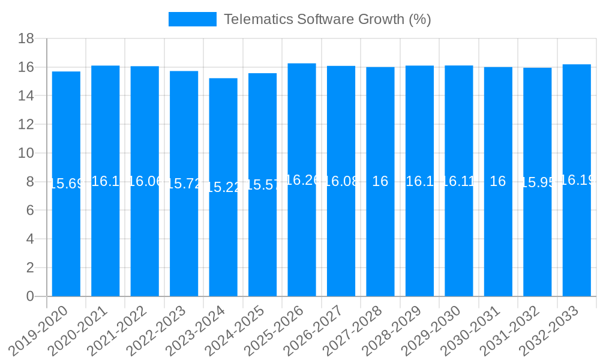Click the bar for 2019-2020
(66, 240)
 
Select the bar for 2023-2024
(223, 240)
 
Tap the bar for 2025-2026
(302, 240)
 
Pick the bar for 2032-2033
(577, 240)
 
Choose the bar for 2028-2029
(419, 240)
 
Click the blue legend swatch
(192, 19)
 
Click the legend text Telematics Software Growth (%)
(328, 19)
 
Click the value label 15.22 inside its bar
(223, 187)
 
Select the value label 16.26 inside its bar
(302, 180)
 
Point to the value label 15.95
(538, 183)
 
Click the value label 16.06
(145, 181)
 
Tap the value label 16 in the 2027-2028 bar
(380, 181)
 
